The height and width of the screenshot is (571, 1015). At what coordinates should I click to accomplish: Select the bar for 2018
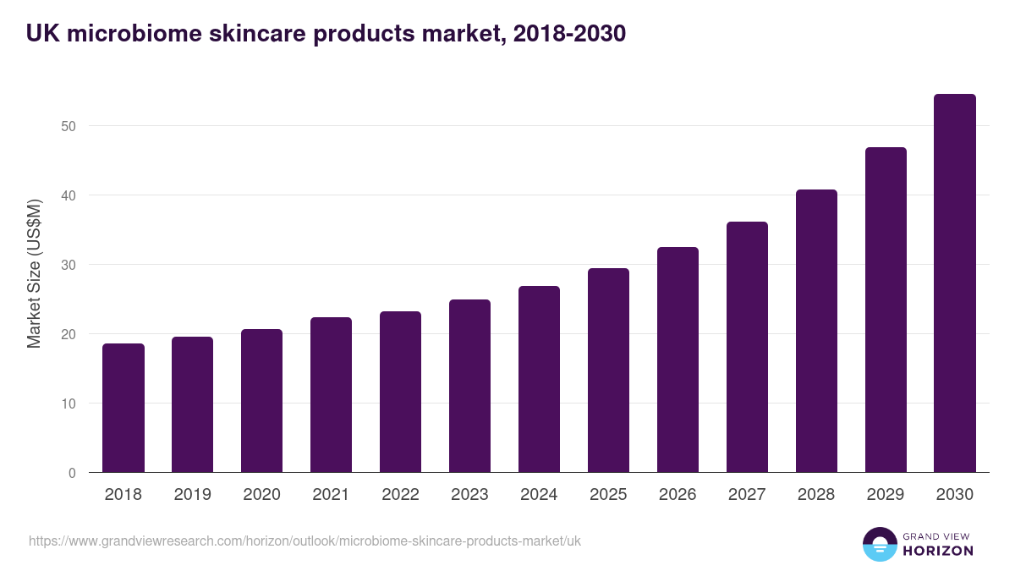123,408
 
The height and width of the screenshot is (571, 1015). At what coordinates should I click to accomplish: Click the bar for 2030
955,283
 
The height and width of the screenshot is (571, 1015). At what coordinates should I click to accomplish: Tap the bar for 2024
539,379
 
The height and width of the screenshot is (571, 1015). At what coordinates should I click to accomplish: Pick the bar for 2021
331,394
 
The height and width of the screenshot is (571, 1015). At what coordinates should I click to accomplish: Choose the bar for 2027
747,347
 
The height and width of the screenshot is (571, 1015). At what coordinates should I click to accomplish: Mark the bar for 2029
886,310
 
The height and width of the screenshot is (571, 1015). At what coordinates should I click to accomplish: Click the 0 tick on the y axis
72,473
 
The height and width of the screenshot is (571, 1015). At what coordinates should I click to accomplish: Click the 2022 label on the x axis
400,495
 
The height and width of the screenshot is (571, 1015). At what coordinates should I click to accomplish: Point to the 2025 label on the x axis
608,495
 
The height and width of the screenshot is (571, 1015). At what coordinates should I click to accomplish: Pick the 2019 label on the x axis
193,495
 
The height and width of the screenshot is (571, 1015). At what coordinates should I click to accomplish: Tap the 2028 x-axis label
816,495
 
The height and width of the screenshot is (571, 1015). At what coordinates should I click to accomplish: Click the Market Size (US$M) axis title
34,273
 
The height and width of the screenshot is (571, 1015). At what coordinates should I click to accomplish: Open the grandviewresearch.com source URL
304,541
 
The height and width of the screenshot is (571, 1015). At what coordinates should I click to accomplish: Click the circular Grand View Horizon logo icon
880,544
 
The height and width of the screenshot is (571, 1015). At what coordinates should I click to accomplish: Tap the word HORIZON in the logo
938,551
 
